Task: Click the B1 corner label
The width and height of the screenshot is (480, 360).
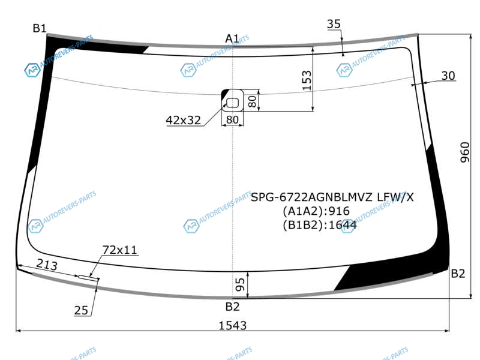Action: (x=40, y=28)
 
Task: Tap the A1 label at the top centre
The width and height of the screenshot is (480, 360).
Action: (x=232, y=38)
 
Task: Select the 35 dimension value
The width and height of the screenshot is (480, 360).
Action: (x=334, y=24)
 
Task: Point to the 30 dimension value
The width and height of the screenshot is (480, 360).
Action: (x=448, y=76)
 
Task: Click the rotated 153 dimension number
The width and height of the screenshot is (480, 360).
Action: (x=307, y=80)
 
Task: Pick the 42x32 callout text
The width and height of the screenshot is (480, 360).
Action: (x=184, y=121)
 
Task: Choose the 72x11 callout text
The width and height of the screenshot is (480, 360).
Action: (x=119, y=250)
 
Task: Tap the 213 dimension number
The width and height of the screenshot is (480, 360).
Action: (x=47, y=265)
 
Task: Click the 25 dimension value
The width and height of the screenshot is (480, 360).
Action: (x=81, y=310)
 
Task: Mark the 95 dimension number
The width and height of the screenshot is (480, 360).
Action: (x=241, y=284)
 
